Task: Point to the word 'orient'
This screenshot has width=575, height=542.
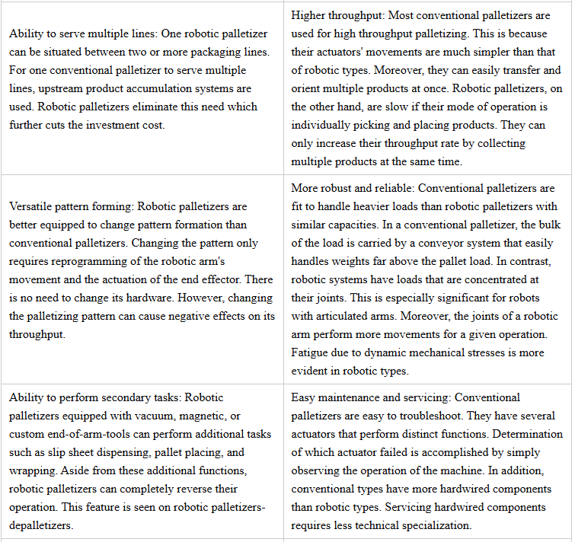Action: pyautogui.click(x=307, y=88)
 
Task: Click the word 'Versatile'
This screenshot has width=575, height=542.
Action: pyautogui.click(x=32, y=206)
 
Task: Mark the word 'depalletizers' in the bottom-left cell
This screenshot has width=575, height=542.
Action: pyautogui.click(x=42, y=525)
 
